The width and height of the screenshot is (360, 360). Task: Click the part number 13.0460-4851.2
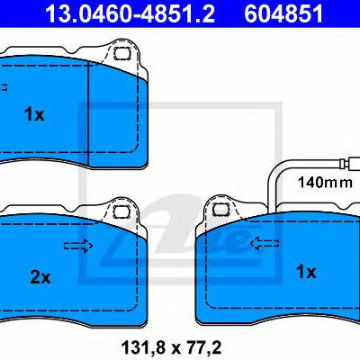[x=130, y=13]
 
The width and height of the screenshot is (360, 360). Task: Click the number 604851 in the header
[x=283, y=13]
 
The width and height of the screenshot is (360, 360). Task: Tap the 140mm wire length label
[x=325, y=182]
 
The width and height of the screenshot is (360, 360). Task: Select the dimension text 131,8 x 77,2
[x=171, y=347]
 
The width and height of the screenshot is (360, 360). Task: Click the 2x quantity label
[x=40, y=278]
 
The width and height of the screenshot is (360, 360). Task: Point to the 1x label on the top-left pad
[x=34, y=114]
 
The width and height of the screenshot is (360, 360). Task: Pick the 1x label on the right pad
[x=306, y=272]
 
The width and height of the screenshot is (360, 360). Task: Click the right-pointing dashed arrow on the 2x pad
[x=78, y=246]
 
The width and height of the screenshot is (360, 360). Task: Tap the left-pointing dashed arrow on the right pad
[x=265, y=243]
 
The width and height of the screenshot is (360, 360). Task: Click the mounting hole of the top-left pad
[x=121, y=53]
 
